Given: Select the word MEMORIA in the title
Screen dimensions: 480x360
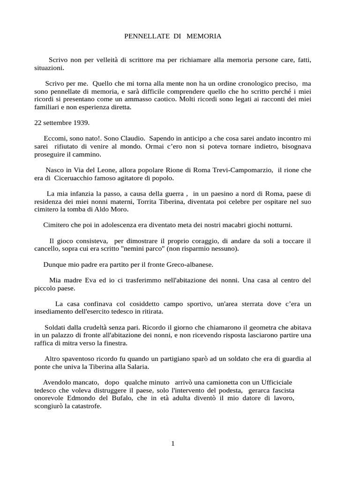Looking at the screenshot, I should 203,36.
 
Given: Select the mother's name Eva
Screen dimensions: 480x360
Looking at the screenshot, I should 88,280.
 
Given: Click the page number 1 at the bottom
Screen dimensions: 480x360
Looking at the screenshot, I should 173,443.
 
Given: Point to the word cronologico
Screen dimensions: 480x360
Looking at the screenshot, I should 250,83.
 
